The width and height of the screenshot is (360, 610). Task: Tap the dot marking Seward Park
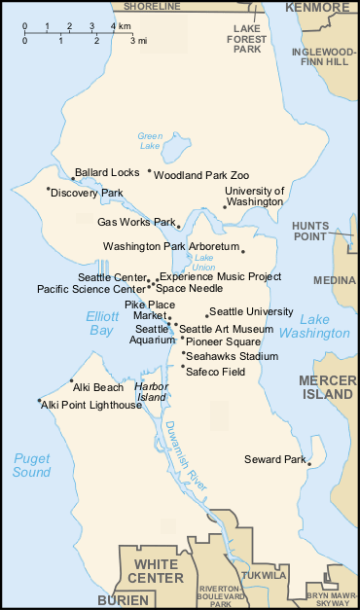tap(308, 464)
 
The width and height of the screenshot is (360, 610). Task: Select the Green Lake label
tap(150, 141)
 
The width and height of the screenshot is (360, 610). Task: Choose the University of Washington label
tap(254, 197)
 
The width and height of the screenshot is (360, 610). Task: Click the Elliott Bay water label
tap(101, 324)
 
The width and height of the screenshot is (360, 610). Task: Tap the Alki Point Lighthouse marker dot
tap(39, 400)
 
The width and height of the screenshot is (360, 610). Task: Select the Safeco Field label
tap(215, 372)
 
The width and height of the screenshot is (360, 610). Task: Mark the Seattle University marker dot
tap(206, 315)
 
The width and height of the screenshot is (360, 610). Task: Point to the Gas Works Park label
tap(136, 222)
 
